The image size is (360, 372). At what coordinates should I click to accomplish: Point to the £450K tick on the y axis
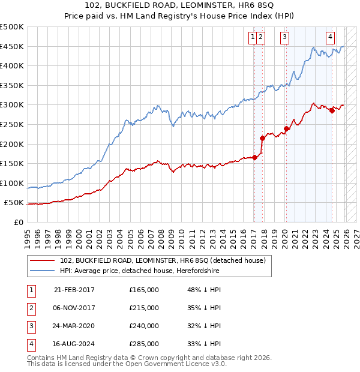tap(12, 46)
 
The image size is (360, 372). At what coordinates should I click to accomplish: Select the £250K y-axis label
tap(12, 124)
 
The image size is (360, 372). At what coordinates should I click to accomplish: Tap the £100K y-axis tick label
tap(12, 183)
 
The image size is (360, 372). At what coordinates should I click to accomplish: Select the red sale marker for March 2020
tap(287, 128)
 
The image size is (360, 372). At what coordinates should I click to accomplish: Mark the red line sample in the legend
tap(43, 260)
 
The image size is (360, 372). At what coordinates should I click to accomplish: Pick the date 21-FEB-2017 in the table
tap(74, 290)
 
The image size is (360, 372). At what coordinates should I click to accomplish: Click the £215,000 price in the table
tap(144, 308)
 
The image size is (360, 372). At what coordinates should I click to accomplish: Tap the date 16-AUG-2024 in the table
tap(74, 344)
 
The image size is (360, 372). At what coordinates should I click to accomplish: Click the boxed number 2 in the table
tap(30, 308)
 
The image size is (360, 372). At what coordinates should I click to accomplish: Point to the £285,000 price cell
tap(144, 344)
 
